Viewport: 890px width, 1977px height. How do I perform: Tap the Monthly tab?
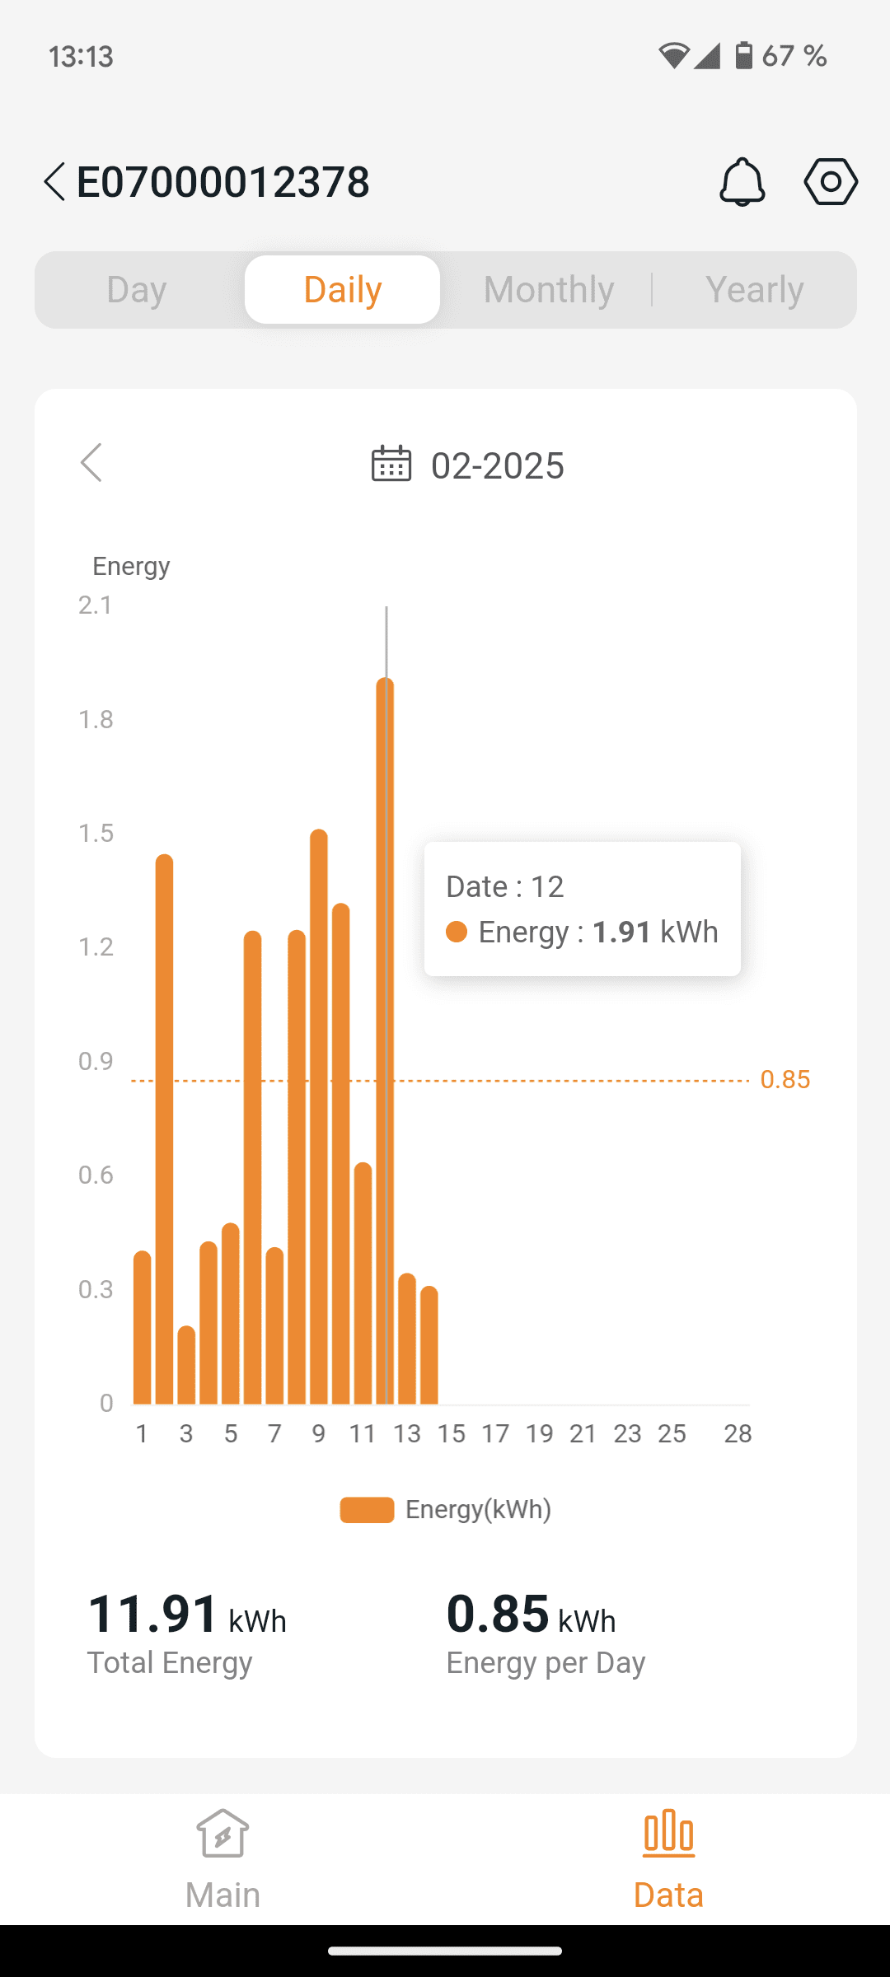pos(549,290)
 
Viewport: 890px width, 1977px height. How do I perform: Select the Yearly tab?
pos(754,290)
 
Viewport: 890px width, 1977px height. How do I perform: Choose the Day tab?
pos(137,290)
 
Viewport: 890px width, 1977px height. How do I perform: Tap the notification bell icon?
pos(742,181)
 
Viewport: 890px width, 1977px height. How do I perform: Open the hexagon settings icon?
pos(831,181)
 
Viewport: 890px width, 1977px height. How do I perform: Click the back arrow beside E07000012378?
pos(54,181)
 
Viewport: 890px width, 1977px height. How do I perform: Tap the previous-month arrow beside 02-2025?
pos(91,463)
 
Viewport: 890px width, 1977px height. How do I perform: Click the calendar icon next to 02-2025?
pos(391,464)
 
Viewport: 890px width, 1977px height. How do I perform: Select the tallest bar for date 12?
pos(385,1038)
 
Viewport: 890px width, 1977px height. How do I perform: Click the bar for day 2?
pos(164,1129)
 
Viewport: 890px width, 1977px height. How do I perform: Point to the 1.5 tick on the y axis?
pos(96,834)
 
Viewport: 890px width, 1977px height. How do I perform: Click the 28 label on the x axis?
pos(738,1434)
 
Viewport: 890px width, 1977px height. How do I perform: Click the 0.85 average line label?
pos(785,1080)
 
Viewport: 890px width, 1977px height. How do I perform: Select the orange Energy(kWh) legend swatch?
pos(367,1510)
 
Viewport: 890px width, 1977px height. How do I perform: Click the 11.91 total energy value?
pos(153,1614)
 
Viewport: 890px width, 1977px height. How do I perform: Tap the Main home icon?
pos(222,1834)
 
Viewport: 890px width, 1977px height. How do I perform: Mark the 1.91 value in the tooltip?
pos(622,932)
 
